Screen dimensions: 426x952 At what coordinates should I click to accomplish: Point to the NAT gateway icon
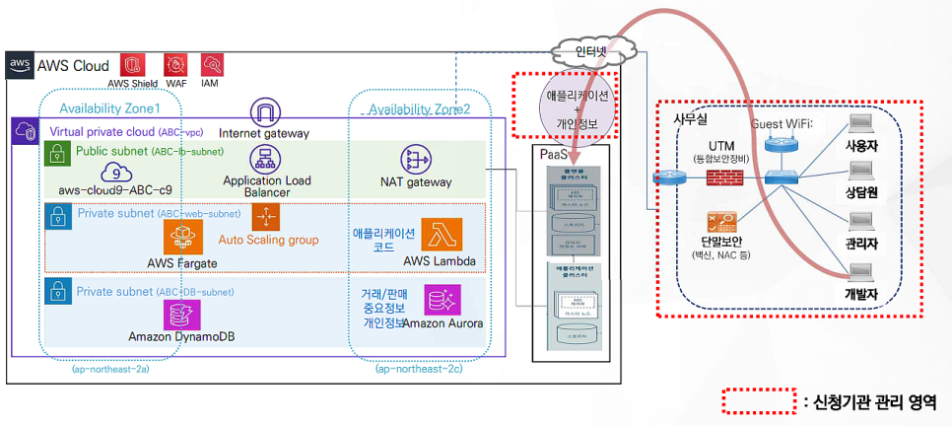[416, 160]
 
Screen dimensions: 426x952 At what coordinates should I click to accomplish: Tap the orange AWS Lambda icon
[441, 235]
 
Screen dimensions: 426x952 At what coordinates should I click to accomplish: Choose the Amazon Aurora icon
[441, 300]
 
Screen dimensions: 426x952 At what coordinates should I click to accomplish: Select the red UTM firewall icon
[727, 178]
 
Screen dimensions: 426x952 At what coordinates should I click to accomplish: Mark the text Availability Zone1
[109, 107]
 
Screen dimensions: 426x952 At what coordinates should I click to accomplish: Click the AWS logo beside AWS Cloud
[21, 65]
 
